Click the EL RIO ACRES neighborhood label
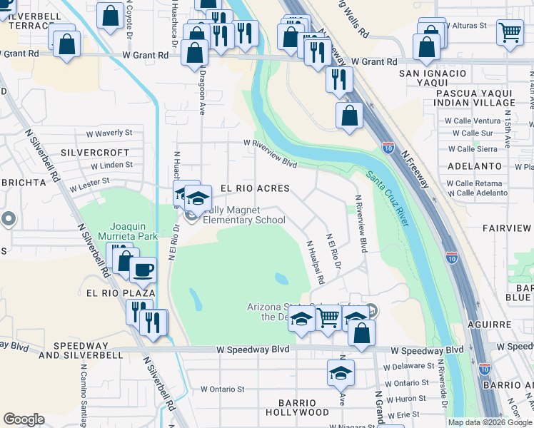(x=255, y=188)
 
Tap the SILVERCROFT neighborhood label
(x=95, y=153)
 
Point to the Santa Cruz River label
(x=387, y=198)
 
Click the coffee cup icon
(x=142, y=270)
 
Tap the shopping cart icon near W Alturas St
(x=510, y=32)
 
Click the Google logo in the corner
(x=24, y=419)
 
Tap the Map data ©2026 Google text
(x=489, y=422)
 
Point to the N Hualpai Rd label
(x=315, y=262)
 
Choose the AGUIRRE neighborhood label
(x=512, y=324)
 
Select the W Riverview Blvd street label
(x=270, y=153)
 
